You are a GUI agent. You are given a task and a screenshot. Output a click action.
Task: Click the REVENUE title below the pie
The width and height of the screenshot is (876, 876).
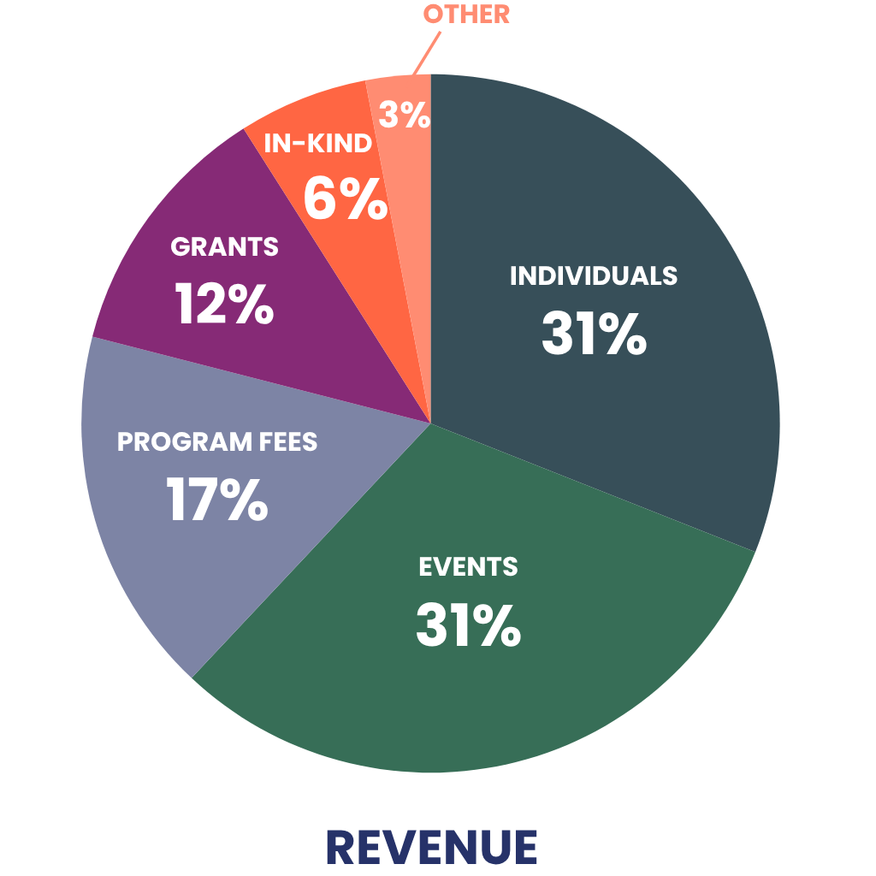click(x=431, y=847)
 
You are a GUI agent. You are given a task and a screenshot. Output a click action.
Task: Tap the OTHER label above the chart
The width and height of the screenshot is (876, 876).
click(x=467, y=15)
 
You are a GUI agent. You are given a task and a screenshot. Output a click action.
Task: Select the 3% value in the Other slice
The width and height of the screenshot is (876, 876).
click(x=404, y=115)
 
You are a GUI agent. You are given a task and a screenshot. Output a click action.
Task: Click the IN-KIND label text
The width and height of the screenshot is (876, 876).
click(x=318, y=143)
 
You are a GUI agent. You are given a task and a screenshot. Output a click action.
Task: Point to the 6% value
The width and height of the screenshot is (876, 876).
click(x=346, y=198)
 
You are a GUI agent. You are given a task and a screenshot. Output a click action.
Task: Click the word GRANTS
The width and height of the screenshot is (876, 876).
click(x=224, y=246)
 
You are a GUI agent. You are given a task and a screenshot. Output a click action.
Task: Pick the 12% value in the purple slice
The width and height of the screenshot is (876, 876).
click(x=224, y=303)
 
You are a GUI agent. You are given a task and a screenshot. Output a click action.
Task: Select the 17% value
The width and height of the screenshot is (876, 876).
click(x=217, y=500)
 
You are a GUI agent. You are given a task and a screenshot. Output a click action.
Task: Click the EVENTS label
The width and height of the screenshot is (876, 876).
click(x=468, y=566)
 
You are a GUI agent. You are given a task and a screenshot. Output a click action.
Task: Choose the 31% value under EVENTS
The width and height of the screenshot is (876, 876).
click(x=468, y=624)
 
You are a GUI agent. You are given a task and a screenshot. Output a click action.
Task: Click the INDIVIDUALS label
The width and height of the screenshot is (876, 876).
click(x=594, y=275)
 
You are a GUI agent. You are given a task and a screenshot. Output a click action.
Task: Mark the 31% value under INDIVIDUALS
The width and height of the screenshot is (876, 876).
click(x=594, y=334)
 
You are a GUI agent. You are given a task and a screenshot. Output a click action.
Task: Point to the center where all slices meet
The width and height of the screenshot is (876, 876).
click(x=430, y=423)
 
